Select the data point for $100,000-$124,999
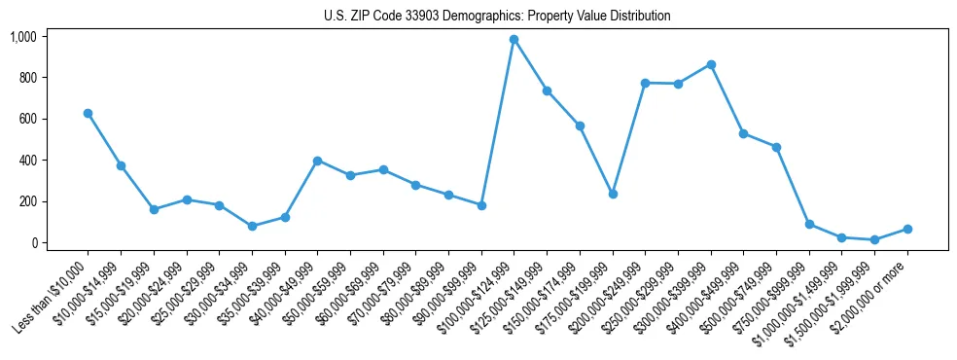click(514, 40)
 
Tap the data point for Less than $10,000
click(89, 114)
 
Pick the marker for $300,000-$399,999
click(711, 64)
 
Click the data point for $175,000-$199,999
click(613, 195)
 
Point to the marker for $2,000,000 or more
click(907, 229)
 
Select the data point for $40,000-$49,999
click(317, 161)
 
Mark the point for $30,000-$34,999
click(252, 226)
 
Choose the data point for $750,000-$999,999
click(809, 224)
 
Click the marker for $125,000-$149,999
click(547, 90)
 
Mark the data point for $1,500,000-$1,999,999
click(874, 239)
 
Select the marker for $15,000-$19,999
click(154, 209)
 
